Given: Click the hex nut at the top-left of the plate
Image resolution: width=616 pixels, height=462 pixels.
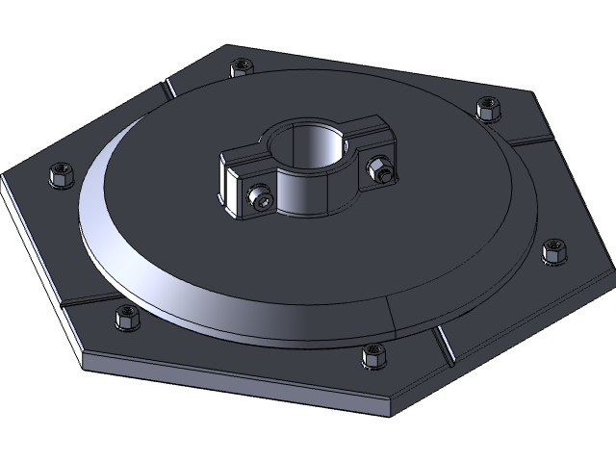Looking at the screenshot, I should click(240, 67).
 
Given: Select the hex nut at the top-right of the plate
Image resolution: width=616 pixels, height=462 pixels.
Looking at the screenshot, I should click(490, 107).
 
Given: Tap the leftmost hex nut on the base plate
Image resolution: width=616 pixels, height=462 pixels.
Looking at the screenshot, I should click(61, 175).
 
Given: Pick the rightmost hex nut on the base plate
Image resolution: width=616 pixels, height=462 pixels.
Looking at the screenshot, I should click(554, 251).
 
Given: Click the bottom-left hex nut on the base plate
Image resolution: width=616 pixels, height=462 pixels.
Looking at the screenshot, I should click(125, 317).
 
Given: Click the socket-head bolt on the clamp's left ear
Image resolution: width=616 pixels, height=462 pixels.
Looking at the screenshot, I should click(261, 197).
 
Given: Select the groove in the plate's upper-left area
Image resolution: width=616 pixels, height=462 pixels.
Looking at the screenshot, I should click(167, 89).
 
